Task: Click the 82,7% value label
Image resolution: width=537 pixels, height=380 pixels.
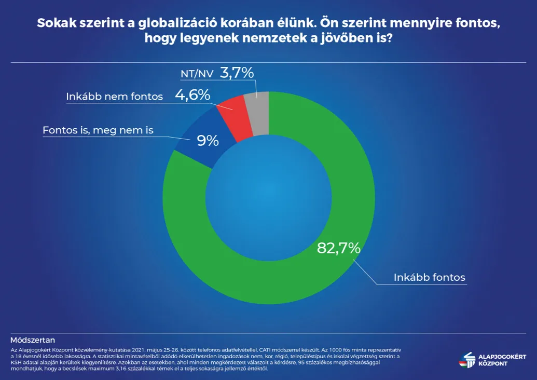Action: pos(338,248)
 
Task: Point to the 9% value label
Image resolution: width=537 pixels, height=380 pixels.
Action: pos(208,140)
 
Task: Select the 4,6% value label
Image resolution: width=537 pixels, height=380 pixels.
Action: pos(192,95)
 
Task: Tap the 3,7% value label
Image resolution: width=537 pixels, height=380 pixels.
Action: pos(237,73)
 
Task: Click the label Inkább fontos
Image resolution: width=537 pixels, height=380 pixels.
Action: pos(430,277)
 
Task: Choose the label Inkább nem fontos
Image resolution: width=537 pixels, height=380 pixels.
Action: pos(115,97)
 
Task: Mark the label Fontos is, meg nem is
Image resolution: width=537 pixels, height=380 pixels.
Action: pos(98,130)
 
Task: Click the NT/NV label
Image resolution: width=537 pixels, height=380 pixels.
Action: pos(196,74)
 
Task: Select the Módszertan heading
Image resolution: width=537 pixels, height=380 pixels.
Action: pos(33,341)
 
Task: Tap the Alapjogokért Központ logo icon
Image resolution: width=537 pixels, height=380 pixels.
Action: pos(468,359)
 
